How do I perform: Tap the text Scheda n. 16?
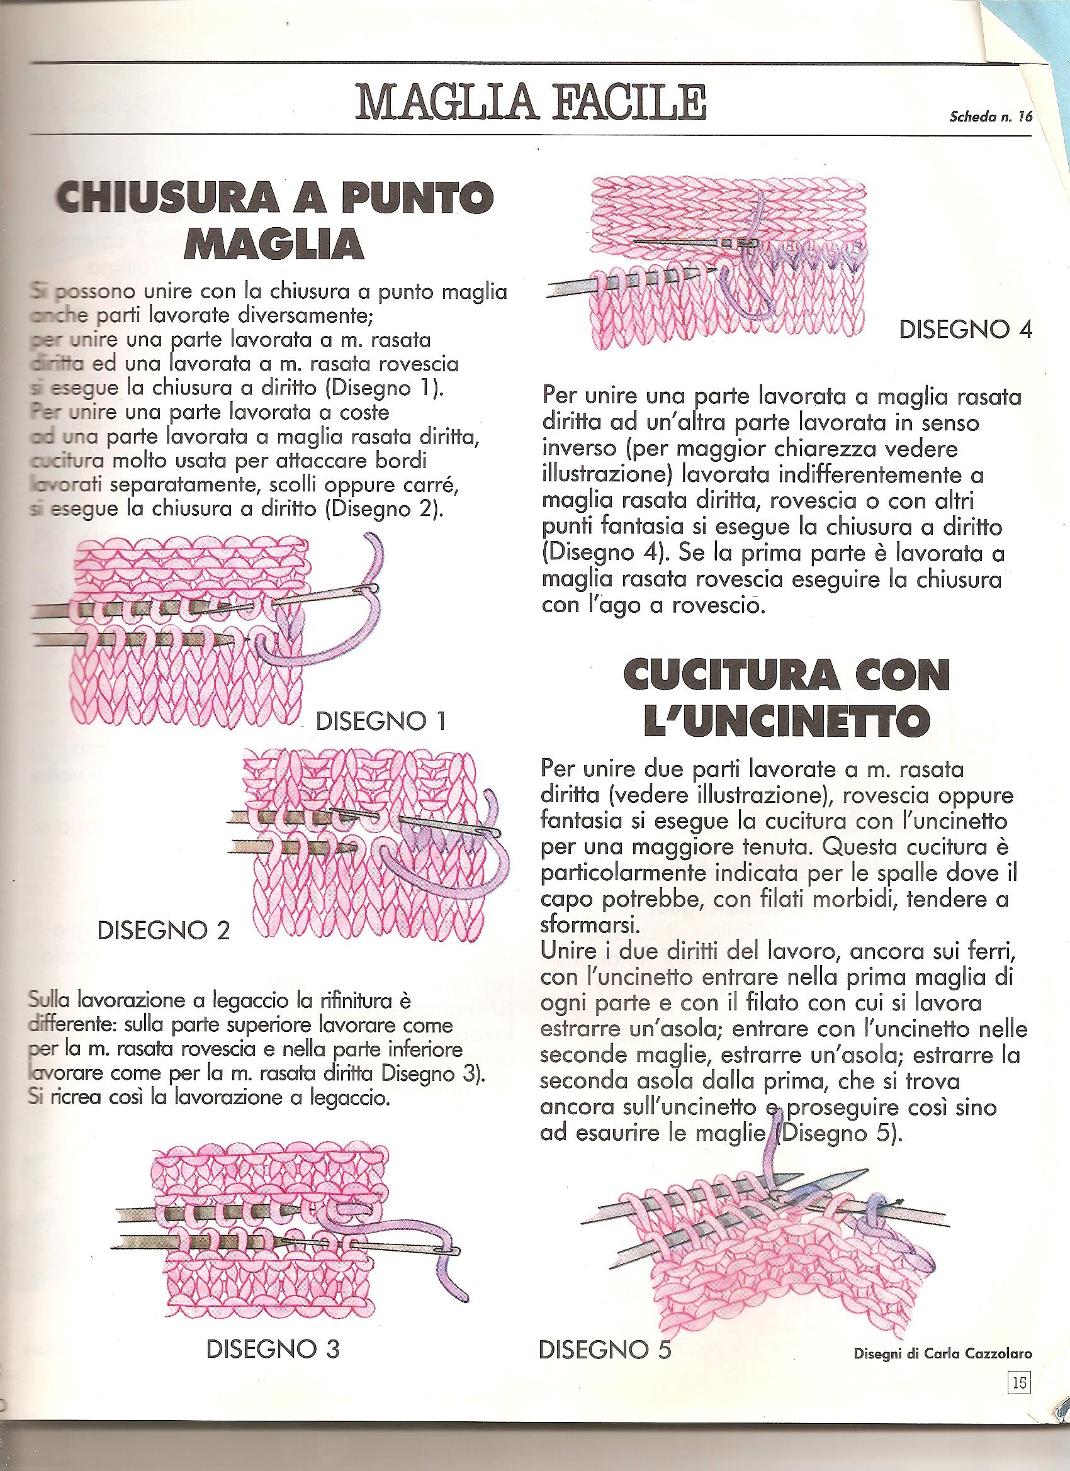click(989, 118)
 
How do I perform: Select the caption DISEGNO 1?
click(380, 722)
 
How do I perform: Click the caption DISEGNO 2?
click(163, 931)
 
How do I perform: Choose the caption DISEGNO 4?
click(965, 330)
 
